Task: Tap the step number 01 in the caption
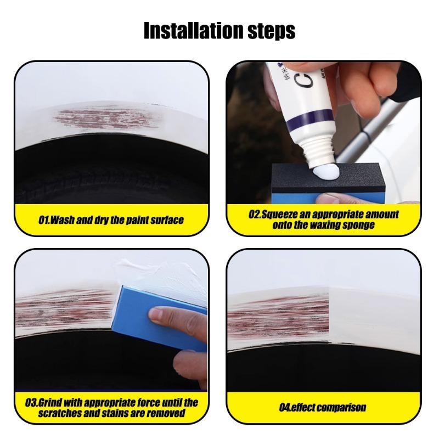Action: coord(44,220)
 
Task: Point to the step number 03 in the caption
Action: coord(31,402)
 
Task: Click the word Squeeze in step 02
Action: coord(284,215)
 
